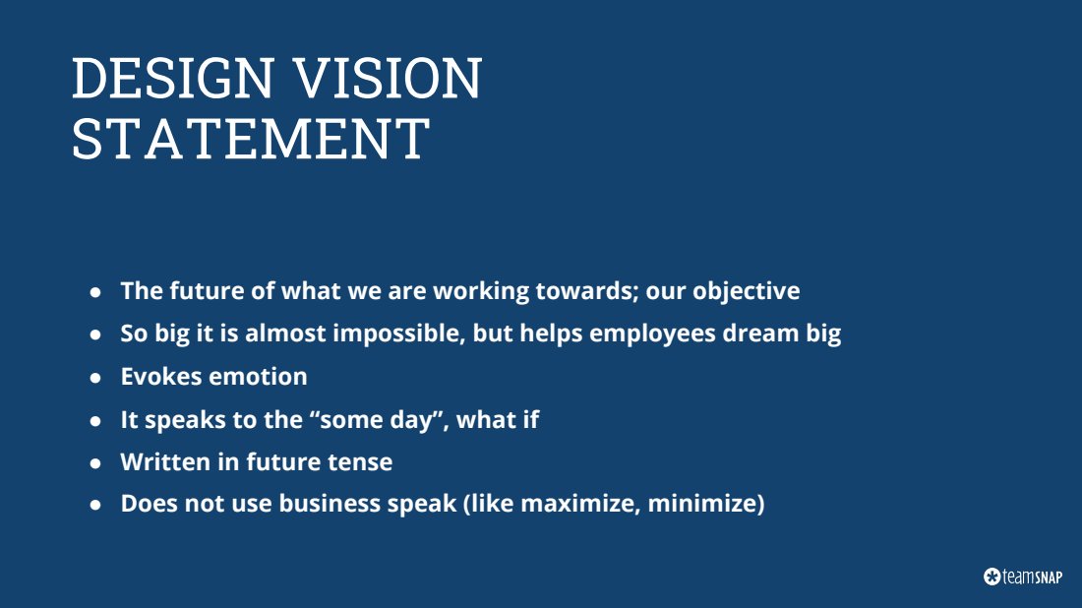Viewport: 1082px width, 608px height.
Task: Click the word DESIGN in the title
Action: click(x=172, y=78)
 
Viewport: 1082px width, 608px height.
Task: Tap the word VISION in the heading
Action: click(x=388, y=78)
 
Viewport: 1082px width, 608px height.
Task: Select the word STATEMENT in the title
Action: click(x=251, y=139)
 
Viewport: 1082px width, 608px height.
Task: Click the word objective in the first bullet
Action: click(x=746, y=291)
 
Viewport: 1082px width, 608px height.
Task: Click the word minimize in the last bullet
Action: click(x=702, y=504)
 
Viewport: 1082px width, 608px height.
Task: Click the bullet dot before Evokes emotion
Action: click(x=95, y=378)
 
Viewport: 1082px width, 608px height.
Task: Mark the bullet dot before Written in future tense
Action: click(x=95, y=463)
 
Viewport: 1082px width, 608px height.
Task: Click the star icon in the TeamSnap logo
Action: click(x=992, y=577)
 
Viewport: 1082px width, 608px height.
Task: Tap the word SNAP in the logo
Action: click(x=1049, y=577)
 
